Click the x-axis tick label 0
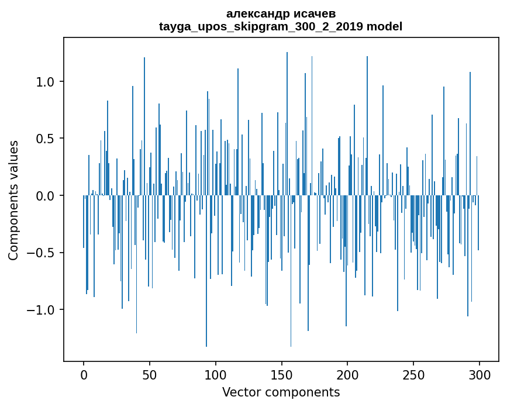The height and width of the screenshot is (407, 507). pos(84,374)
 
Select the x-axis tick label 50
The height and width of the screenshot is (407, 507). pos(150,374)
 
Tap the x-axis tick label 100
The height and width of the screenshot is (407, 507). pos(216,374)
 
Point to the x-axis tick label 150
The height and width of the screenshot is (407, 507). pos(281,374)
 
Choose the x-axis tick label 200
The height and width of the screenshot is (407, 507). pos(347,374)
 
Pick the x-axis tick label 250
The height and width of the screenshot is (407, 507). pos(413,374)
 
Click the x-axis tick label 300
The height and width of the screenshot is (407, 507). pos(480,374)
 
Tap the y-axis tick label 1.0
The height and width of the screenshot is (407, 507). pos(46,82)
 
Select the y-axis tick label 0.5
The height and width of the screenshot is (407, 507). pos(46,139)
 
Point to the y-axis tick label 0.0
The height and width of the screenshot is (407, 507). pos(46,196)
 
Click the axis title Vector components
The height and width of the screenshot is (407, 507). pos(281,392)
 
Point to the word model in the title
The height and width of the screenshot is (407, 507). pos(384,26)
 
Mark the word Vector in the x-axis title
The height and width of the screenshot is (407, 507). pos(241,392)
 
